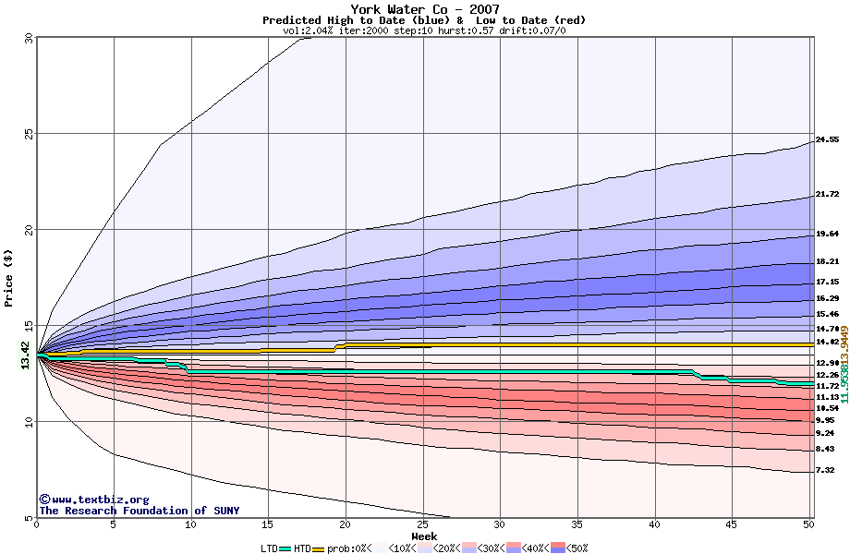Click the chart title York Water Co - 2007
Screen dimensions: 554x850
(x=424, y=9)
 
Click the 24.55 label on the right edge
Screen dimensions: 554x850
(x=827, y=140)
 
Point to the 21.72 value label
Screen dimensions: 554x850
(x=827, y=195)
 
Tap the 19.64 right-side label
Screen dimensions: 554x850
(x=827, y=235)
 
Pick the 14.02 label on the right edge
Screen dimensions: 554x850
(x=827, y=343)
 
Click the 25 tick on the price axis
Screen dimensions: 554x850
(x=27, y=133)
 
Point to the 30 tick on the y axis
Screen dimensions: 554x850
(x=27, y=38)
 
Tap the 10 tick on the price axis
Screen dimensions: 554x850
(x=27, y=422)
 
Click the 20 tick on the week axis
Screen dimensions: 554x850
(x=346, y=525)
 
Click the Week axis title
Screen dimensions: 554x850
(x=424, y=536)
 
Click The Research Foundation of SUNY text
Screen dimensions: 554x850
(x=139, y=511)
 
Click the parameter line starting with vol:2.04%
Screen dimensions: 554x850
(x=424, y=31)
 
